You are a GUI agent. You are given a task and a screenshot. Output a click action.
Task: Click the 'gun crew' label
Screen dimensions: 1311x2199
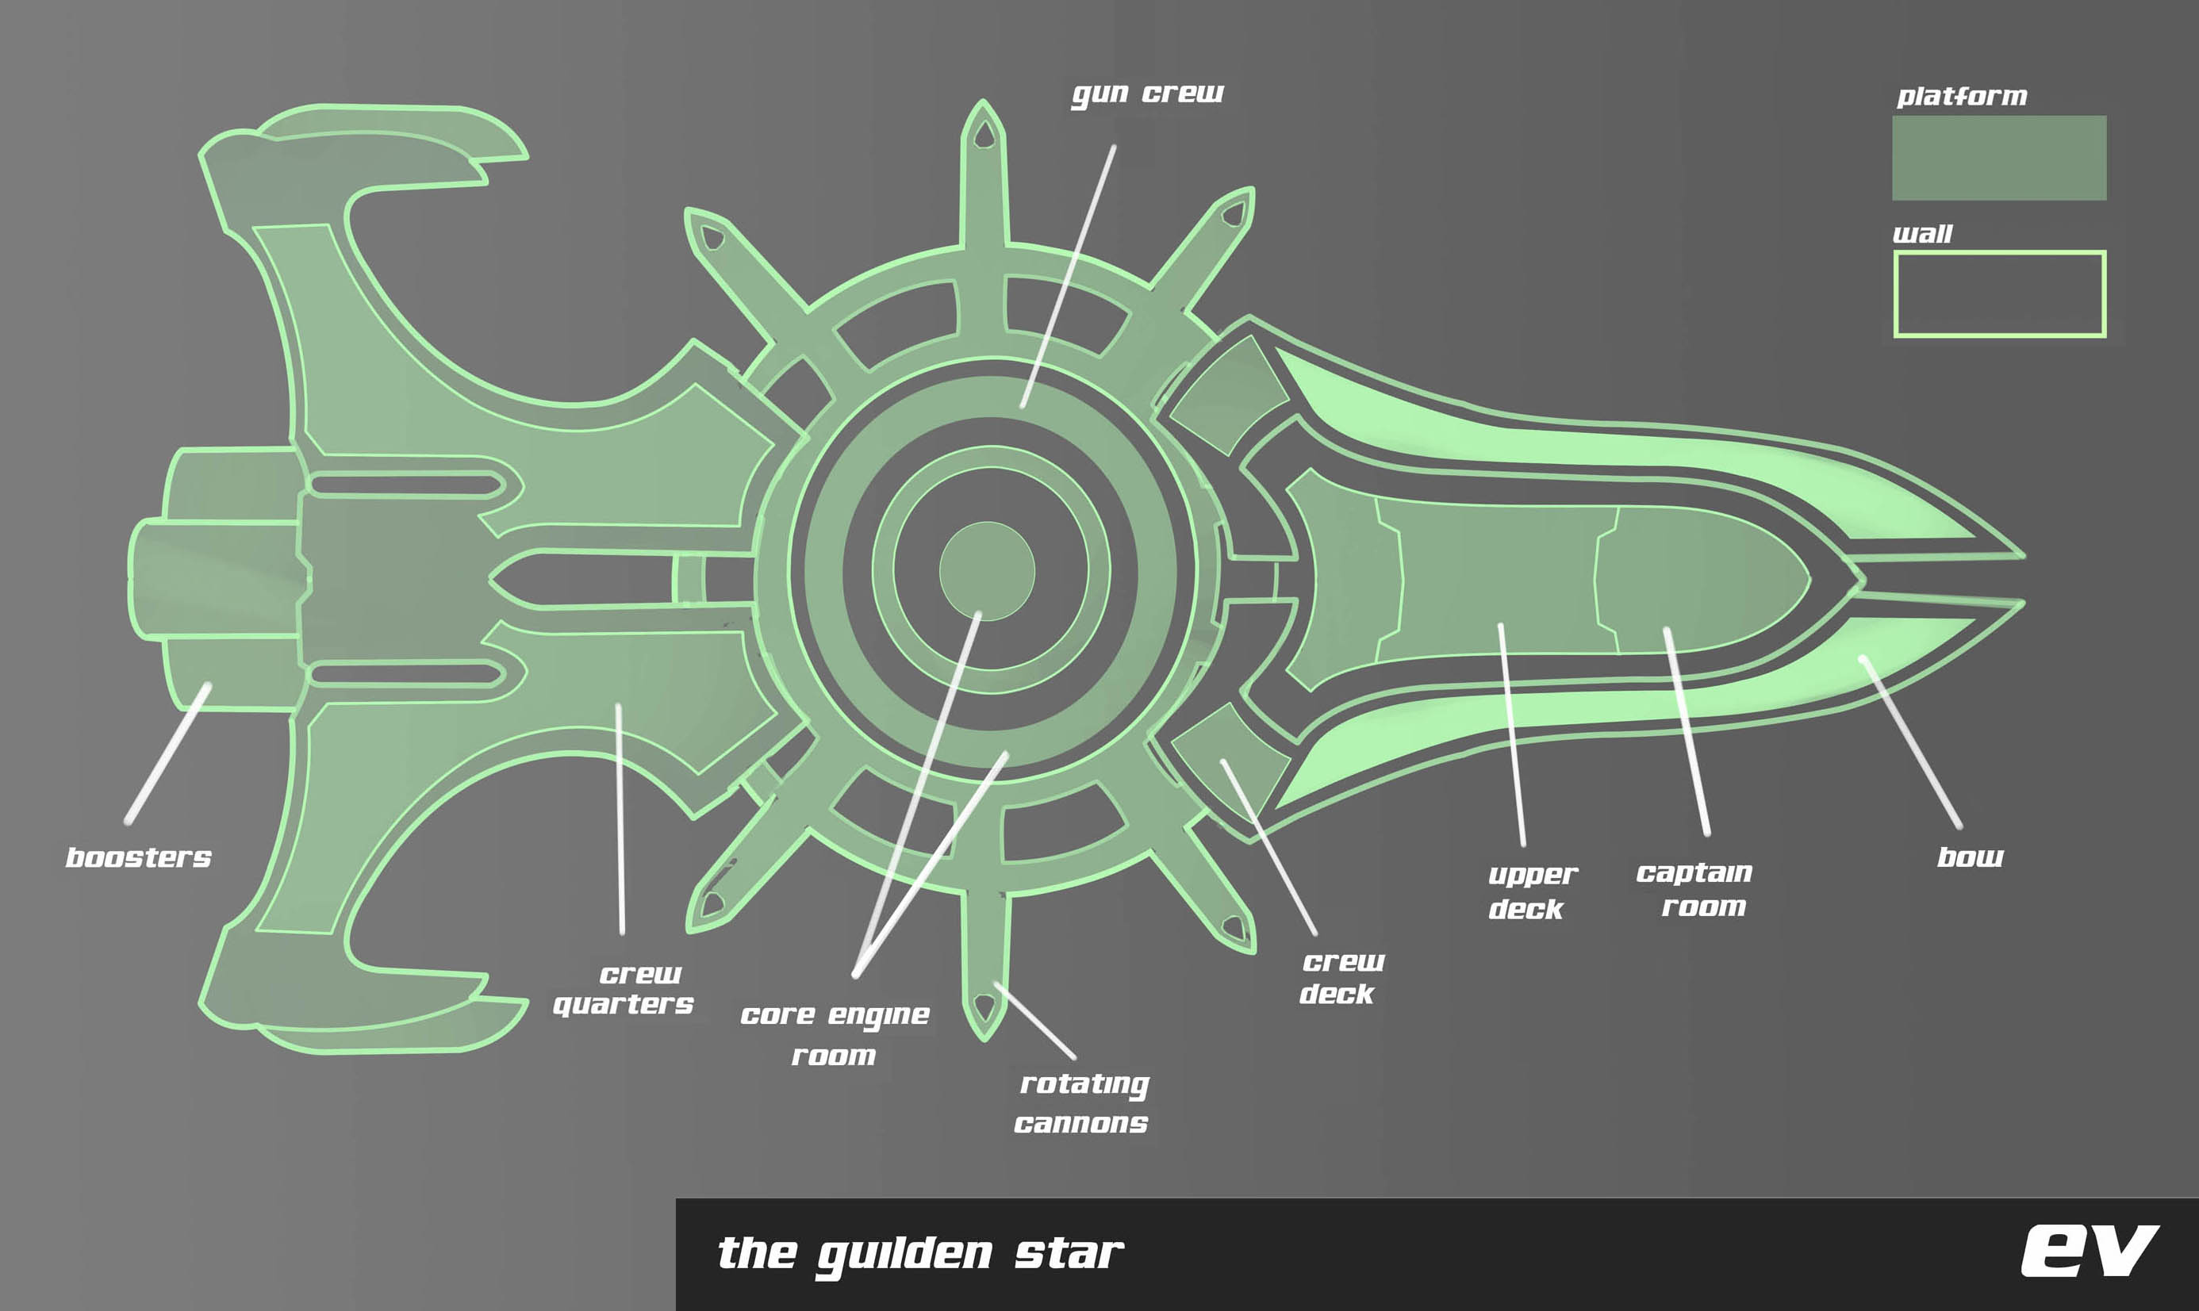[x=1147, y=94]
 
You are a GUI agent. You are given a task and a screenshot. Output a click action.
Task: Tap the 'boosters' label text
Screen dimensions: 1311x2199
[x=139, y=857]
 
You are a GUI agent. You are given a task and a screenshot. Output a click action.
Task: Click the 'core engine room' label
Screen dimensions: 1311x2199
[x=835, y=1034]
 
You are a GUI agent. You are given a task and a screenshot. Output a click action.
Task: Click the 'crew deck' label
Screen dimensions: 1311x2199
[x=1340, y=977]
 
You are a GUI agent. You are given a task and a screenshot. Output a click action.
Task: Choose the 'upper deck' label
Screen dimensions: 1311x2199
[x=1531, y=891]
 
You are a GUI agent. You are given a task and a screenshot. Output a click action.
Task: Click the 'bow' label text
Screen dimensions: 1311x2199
[x=1969, y=857]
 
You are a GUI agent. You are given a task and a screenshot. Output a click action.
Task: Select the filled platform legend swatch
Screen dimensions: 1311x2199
[x=1998, y=157]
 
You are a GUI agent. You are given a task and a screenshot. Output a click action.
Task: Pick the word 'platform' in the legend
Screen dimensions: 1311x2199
[x=1961, y=96]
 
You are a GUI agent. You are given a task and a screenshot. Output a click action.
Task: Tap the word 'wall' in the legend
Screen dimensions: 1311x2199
[x=1921, y=234]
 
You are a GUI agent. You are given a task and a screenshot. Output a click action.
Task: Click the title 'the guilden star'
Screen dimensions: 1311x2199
[x=919, y=1254]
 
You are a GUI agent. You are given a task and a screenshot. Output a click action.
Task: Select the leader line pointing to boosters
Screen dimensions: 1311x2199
[x=168, y=753]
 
